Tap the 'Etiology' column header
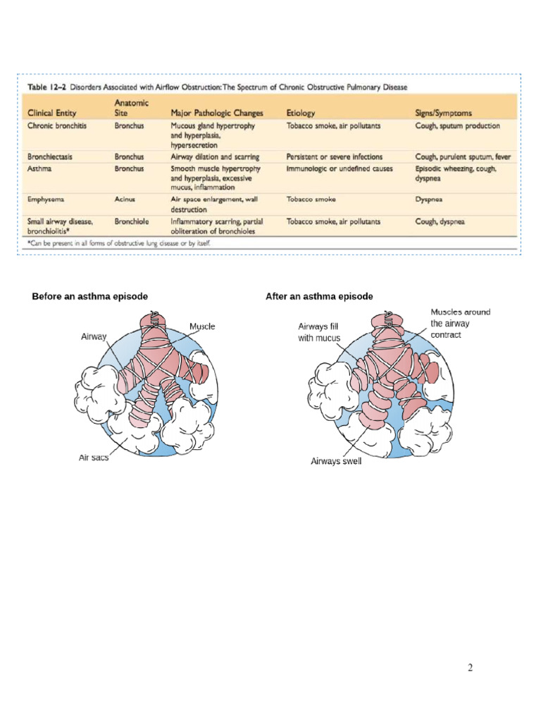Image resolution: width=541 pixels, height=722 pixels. [301, 112]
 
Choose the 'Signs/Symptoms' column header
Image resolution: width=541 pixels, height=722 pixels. [444, 112]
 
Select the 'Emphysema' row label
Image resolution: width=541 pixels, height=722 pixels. [46, 200]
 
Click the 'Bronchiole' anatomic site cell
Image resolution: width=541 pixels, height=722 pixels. [132, 221]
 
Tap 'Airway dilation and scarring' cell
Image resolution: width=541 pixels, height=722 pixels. [215, 156]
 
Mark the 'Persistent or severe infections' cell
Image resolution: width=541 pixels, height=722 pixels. [335, 156]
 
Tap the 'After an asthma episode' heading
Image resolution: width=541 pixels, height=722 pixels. [319, 297]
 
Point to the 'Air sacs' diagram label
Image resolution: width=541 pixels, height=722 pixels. [93, 458]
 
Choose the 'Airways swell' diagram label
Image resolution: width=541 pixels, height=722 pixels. [336, 462]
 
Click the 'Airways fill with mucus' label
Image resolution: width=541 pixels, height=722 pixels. [319, 332]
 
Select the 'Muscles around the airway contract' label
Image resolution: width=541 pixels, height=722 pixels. [460, 323]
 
